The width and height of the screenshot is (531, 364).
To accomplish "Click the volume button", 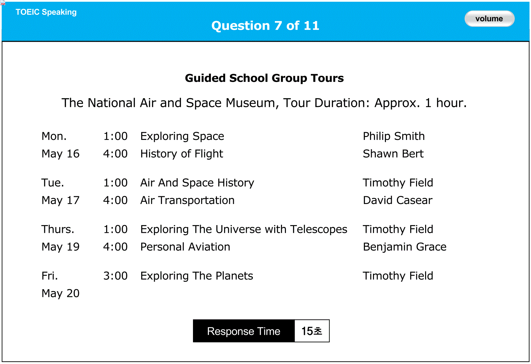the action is click(x=489, y=18).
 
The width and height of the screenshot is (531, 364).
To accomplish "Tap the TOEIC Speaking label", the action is click(x=46, y=12).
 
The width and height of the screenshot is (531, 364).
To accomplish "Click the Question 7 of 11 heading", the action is click(x=265, y=26).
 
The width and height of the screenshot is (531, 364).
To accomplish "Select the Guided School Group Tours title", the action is click(x=264, y=78).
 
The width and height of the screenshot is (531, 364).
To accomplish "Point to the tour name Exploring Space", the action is click(x=182, y=136).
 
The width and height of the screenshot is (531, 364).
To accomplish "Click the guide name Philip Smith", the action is click(x=394, y=136).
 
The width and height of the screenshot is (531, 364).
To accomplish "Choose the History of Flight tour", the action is click(x=182, y=154).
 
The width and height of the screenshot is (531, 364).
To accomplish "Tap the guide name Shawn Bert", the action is click(x=393, y=154).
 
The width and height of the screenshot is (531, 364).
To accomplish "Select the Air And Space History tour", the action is click(x=197, y=183).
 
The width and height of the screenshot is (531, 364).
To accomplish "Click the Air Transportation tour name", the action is click(x=187, y=200).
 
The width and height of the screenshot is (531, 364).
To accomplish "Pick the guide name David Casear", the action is click(x=398, y=200).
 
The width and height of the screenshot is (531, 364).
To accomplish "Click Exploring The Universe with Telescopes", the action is click(x=244, y=229).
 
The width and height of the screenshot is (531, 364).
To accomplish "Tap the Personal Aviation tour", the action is click(x=185, y=247).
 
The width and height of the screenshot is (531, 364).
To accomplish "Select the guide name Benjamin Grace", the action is click(x=405, y=247).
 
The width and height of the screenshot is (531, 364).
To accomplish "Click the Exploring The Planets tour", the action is click(x=197, y=276).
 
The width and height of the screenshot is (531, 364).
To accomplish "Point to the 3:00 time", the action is click(x=116, y=276).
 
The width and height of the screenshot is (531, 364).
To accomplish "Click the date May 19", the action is click(x=61, y=247).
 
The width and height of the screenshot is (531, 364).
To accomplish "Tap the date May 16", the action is click(x=61, y=154).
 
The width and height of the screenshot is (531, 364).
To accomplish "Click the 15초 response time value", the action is click(x=312, y=331).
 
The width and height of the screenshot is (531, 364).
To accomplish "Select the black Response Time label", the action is click(x=244, y=331).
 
